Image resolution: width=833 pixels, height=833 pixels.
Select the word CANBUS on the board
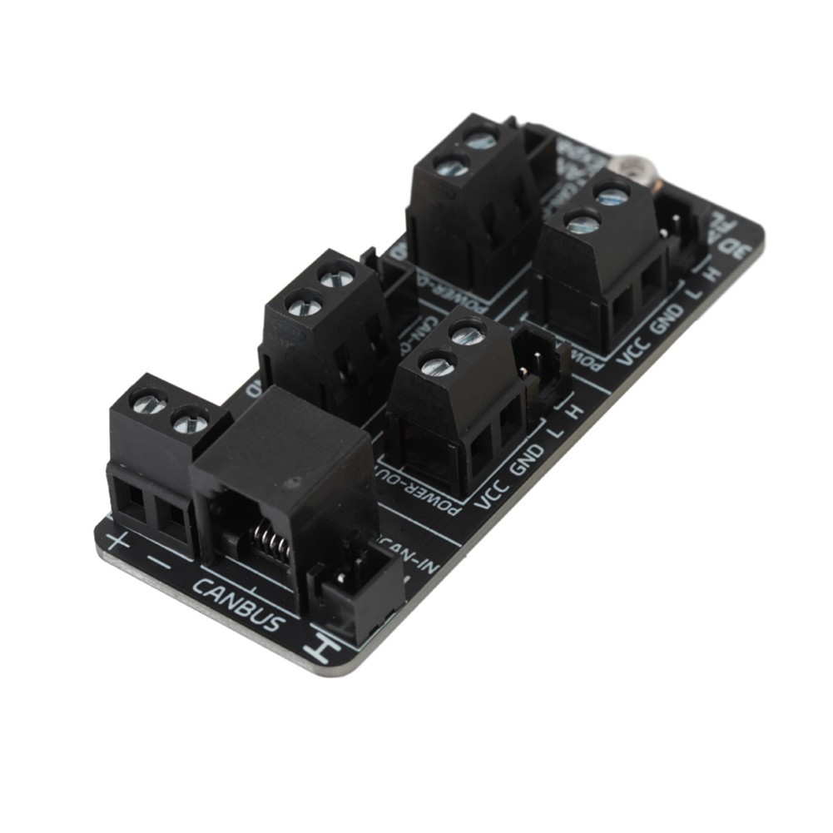[x=238, y=602]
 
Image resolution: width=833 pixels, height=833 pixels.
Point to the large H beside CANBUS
[x=320, y=645]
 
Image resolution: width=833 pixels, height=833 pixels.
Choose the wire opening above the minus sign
[x=173, y=521]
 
